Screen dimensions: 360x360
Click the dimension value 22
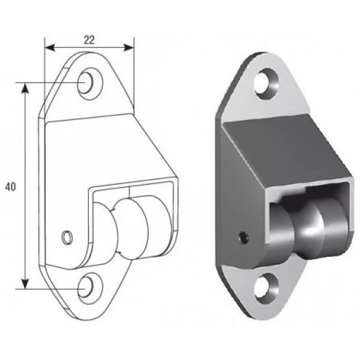coord(89,40)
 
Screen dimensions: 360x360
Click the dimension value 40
coord(10,187)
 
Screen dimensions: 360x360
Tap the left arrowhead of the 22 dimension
coord(50,47)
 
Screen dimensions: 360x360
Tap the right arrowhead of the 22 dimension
coord(128,47)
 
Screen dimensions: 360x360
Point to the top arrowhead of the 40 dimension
coord(25,88)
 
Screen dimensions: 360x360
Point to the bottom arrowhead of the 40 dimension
coord(25,283)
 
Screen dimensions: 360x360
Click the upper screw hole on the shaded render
coord(266,84)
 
